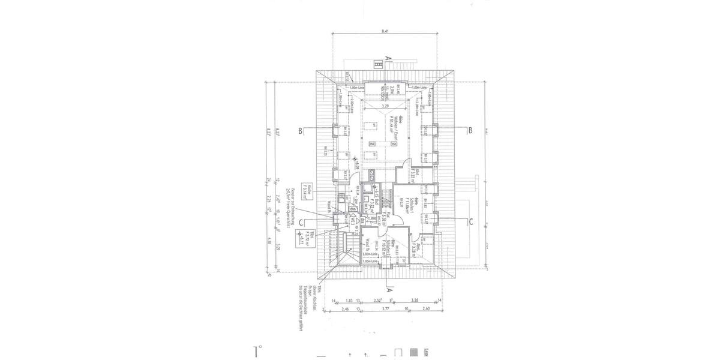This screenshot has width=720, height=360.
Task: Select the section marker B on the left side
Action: coord(299,130)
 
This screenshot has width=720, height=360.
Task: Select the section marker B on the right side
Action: coord(471,130)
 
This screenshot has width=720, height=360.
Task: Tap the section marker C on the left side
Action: coord(299,221)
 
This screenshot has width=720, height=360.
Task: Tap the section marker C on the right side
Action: coord(471,221)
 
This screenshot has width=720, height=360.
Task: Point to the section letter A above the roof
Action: coord(388,58)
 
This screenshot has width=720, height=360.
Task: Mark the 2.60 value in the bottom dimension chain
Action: coord(425,310)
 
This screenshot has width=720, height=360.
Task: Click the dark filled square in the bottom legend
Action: coord(413,352)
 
